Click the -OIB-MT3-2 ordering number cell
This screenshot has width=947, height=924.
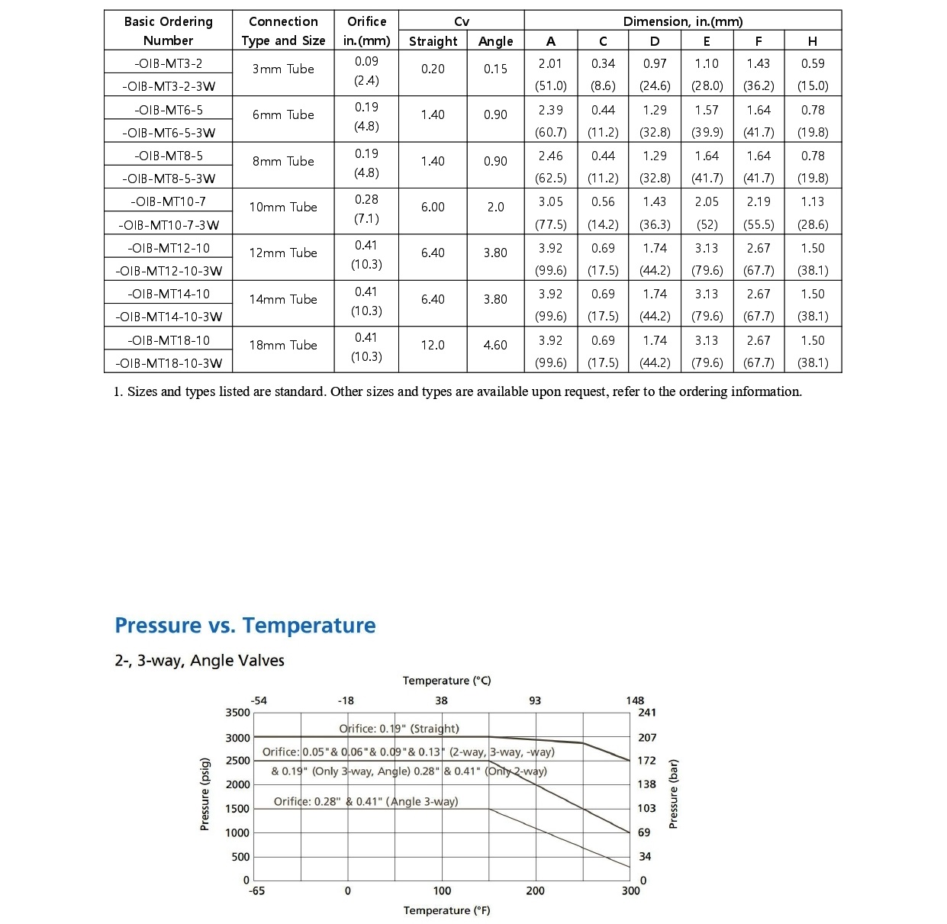(x=168, y=63)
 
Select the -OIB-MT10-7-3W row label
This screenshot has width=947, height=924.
(x=168, y=224)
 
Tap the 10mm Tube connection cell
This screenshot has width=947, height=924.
(x=283, y=207)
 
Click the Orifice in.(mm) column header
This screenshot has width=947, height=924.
(x=366, y=31)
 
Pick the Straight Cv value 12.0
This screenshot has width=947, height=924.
(x=433, y=345)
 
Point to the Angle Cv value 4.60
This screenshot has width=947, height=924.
(x=495, y=345)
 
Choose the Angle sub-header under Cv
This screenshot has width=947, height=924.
(x=495, y=41)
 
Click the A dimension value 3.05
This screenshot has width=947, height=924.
(x=550, y=201)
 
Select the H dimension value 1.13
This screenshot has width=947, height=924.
(x=812, y=201)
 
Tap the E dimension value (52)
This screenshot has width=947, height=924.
(x=707, y=224)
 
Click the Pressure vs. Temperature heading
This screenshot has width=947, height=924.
(x=245, y=626)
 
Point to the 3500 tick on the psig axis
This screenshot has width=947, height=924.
(x=237, y=713)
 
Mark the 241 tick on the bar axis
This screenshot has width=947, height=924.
(x=646, y=713)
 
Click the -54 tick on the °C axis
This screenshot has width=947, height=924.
(x=259, y=700)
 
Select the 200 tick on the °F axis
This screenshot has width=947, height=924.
(x=536, y=890)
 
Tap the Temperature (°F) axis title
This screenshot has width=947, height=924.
(x=447, y=910)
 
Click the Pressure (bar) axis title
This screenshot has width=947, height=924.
(x=673, y=794)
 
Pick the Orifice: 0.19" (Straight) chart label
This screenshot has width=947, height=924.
(x=399, y=729)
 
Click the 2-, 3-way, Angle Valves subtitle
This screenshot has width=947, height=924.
(x=199, y=661)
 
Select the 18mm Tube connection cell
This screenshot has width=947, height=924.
(x=283, y=345)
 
